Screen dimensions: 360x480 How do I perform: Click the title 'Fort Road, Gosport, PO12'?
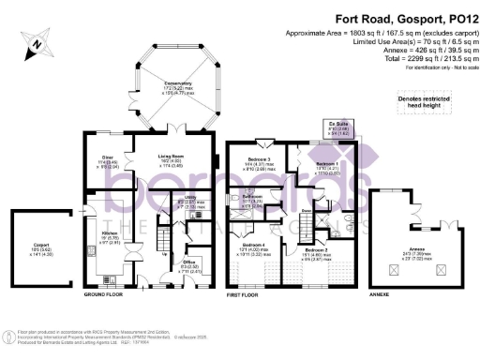coord(367,16)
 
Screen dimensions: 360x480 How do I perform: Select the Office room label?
coord(187,265)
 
